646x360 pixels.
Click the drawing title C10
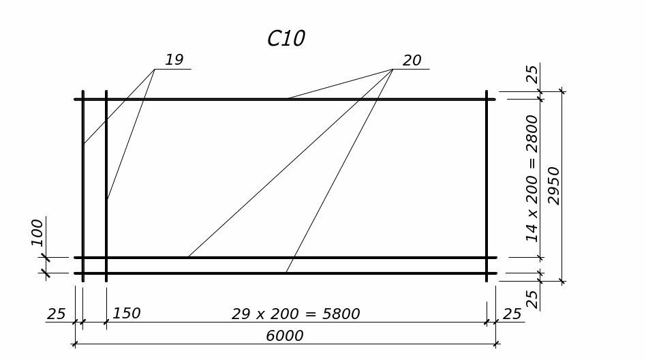(286, 39)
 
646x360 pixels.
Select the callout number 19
(174, 60)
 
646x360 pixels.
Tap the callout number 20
(412, 61)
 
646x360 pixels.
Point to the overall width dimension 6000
(285, 336)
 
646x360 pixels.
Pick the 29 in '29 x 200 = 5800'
(241, 314)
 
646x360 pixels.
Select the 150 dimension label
(126, 314)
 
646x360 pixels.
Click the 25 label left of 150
(56, 314)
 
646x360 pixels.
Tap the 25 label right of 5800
(512, 314)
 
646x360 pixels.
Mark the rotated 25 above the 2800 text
(532, 74)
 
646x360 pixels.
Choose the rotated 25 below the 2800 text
(532, 298)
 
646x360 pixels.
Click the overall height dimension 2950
(554, 185)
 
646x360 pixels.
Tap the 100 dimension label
(37, 232)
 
